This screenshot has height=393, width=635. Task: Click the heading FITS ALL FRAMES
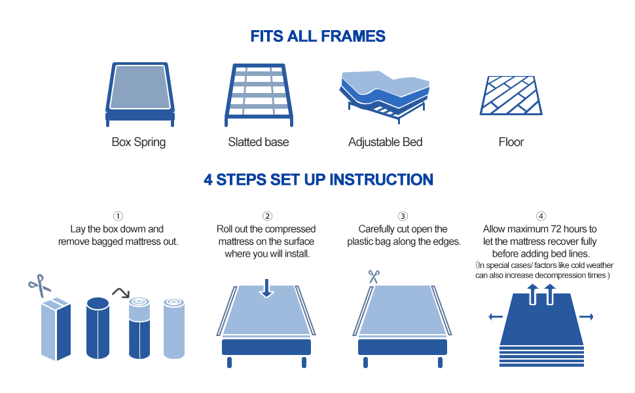[x=317, y=36]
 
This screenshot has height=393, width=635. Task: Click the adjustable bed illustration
[x=384, y=95]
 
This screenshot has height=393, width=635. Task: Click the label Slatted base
[x=258, y=142]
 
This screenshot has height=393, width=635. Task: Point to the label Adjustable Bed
[x=385, y=142]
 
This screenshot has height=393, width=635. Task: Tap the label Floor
[x=511, y=142]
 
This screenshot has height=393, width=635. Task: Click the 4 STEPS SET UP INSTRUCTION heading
[x=317, y=179]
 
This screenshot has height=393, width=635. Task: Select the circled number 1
[x=118, y=216]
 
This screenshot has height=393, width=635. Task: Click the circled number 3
[x=403, y=216]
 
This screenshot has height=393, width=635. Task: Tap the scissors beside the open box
[x=39, y=285]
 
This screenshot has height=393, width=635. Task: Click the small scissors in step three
[x=374, y=276]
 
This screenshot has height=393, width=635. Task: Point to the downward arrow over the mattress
[x=266, y=288]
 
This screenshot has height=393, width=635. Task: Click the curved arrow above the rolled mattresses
[x=120, y=291]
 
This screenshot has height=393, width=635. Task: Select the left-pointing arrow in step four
[x=496, y=317]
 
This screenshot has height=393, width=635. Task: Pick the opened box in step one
[x=56, y=327]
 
